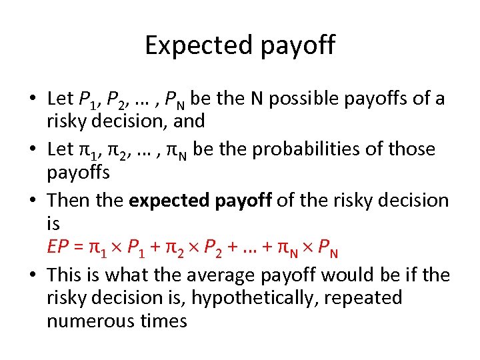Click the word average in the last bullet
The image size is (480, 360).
coord(217,275)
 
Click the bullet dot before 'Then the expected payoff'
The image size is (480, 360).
coord(32,201)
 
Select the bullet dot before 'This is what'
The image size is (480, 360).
coord(32,275)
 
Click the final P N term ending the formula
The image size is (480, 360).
coord(327,250)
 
